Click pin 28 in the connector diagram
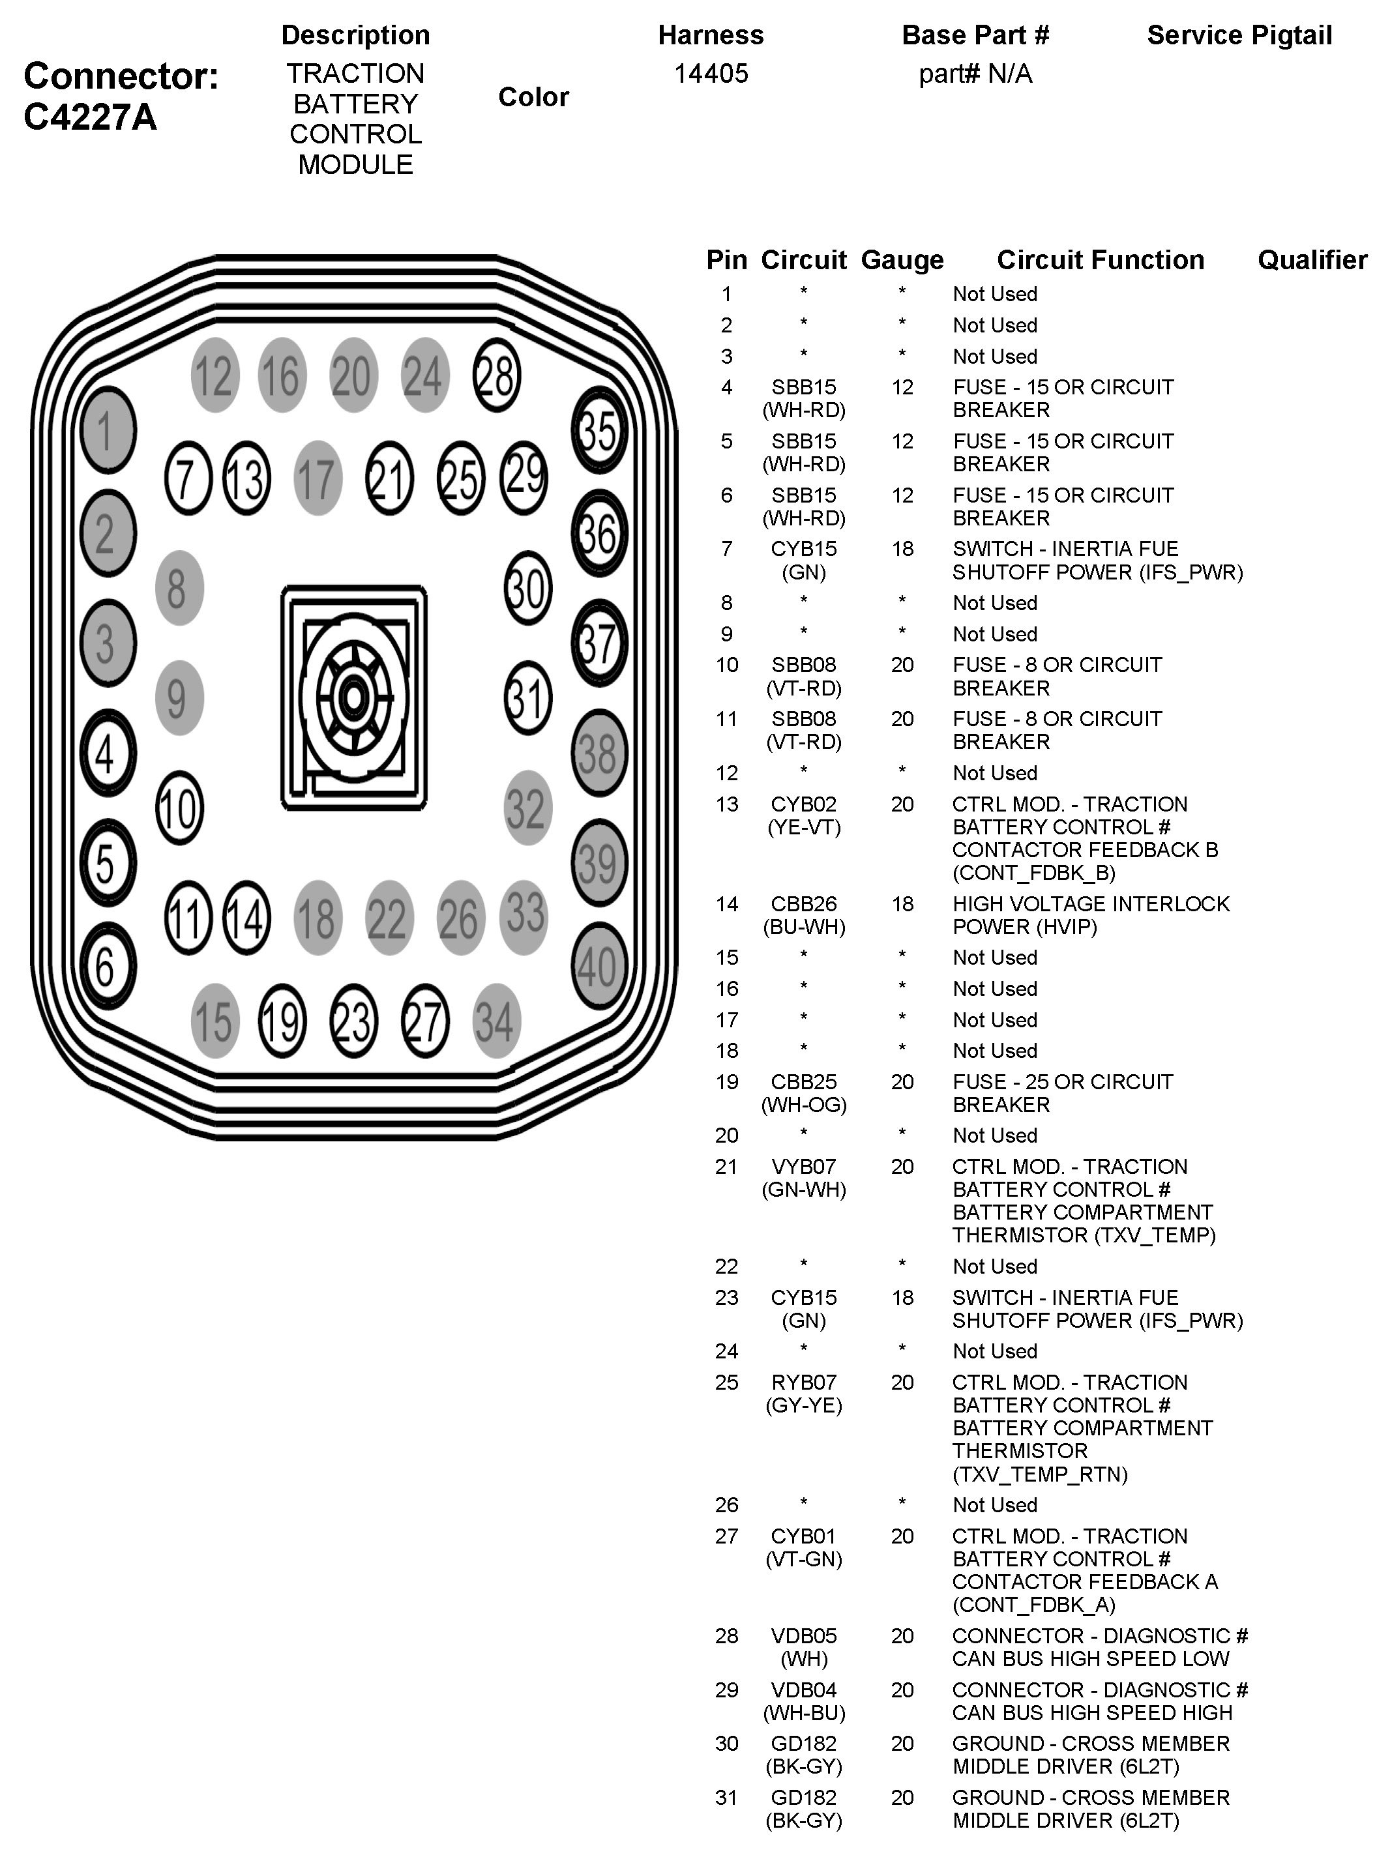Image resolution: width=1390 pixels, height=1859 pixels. coord(497,375)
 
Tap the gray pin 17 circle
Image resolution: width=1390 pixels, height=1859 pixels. coord(318,478)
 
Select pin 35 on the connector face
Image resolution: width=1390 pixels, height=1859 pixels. coord(599,430)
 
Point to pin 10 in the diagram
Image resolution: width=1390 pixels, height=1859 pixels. coord(179,808)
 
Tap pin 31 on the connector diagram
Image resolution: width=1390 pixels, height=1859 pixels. coord(527,697)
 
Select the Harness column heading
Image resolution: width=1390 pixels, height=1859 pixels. coord(710,35)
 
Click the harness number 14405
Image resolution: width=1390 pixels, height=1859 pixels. coord(710,74)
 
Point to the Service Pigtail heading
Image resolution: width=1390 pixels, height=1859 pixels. coord(1239,35)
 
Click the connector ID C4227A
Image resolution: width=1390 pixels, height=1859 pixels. coord(91,117)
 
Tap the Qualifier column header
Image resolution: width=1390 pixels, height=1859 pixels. coord(1312,259)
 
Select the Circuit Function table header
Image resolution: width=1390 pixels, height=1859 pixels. coord(1100,259)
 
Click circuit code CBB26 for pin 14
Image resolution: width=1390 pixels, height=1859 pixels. coord(803,904)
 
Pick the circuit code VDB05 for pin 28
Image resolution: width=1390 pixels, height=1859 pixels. coord(803,1635)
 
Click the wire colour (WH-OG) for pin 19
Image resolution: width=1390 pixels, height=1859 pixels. coord(803,1104)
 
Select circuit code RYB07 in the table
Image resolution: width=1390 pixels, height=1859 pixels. coord(803,1383)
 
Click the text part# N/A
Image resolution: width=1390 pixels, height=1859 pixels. coord(975,74)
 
